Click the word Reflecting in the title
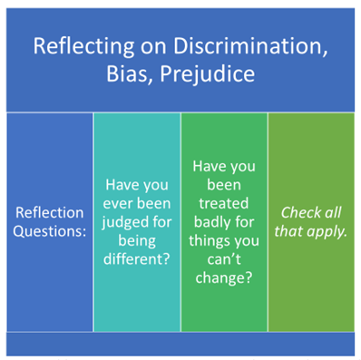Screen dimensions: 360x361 pyautogui.click(x=76, y=45)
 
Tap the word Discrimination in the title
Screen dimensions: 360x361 pyautogui.click(x=250, y=45)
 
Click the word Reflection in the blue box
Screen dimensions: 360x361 pyautogui.click(x=49, y=212)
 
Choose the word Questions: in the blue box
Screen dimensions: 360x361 pyautogui.click(x=49, y=231)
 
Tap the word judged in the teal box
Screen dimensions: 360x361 pyautogui.click(x=122, y=221)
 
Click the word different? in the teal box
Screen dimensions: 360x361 pyautogui.click(x=137, y=260)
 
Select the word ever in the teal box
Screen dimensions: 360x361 pyautogui.click(x=118, y=202)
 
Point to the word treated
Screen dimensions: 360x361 pyautogui.click(x=224, y=203)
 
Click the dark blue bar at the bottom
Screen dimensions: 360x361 pyautogui.click(x=180, y=344)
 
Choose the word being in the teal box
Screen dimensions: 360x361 pyautogui.click(x=137, y=241)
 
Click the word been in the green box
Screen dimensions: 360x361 pyautogui.click(x=224, y=184)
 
